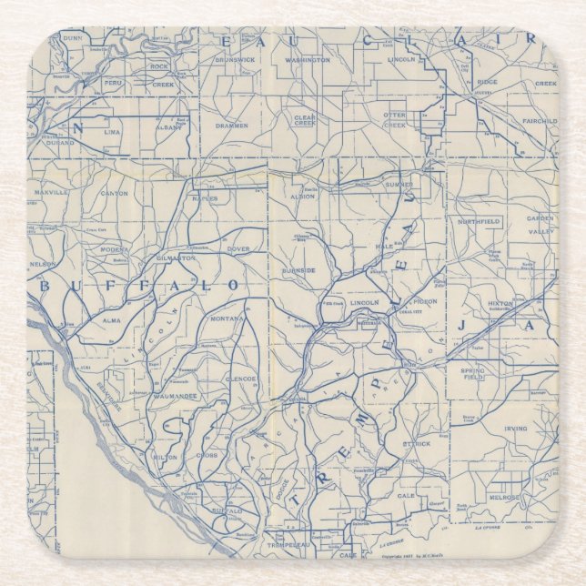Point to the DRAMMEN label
tap(232, 126)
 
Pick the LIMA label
tap(112, 132)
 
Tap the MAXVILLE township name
tap(52, 193)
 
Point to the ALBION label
tap(302, 197)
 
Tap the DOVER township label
tap(237, 248)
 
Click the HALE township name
tap(386, 247)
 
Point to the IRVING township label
tap(517, 428)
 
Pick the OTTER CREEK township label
tap(394, 120)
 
